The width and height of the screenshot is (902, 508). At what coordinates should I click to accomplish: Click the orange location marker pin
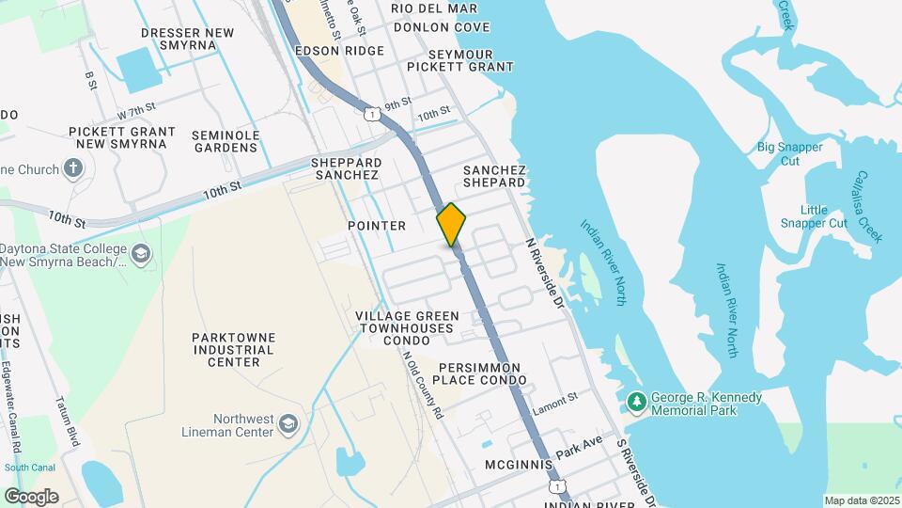pyautogui.click(x=452, y=225)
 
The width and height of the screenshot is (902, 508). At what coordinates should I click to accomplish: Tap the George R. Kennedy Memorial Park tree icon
pyautogui.click(x=637, y=403)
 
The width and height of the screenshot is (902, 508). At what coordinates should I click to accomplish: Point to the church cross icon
pyautogui.click(x=73, y=169)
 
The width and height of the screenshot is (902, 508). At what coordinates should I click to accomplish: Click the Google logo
pyautogui.click(x=31, y=497)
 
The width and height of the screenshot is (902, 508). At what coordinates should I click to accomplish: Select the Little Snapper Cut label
pyautogui.click(x=814, y=216)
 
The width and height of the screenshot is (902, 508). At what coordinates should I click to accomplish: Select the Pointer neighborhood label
pyautogui.click(x=377, y=226)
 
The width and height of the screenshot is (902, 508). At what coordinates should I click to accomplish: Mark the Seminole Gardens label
pyautogui.click(x=225, y=141)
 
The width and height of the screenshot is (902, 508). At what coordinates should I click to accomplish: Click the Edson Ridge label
pyautogui.click(x=339, y=51)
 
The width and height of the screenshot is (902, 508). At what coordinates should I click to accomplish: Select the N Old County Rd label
pyautogui.click(x=423, y=383)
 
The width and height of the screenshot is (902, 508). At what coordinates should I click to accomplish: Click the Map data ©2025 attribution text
pyautogui.click(x=862, y=500)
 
